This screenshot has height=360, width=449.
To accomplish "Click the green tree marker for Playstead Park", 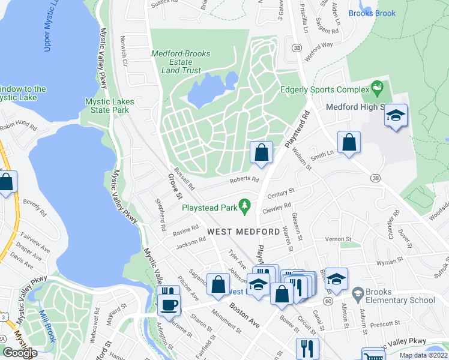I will [x=244, y=208].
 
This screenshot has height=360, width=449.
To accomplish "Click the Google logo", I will [x=20, y=353].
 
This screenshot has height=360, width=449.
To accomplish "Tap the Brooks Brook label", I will [x=372, y=13].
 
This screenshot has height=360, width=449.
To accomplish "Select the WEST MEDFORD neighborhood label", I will [x=243, y=232].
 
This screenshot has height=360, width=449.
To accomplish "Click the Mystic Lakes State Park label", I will [x=110, y=106].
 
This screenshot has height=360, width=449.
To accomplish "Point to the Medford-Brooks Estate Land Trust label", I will [x=181, y=62].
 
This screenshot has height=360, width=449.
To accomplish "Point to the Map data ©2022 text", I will [x=423, y=355].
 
